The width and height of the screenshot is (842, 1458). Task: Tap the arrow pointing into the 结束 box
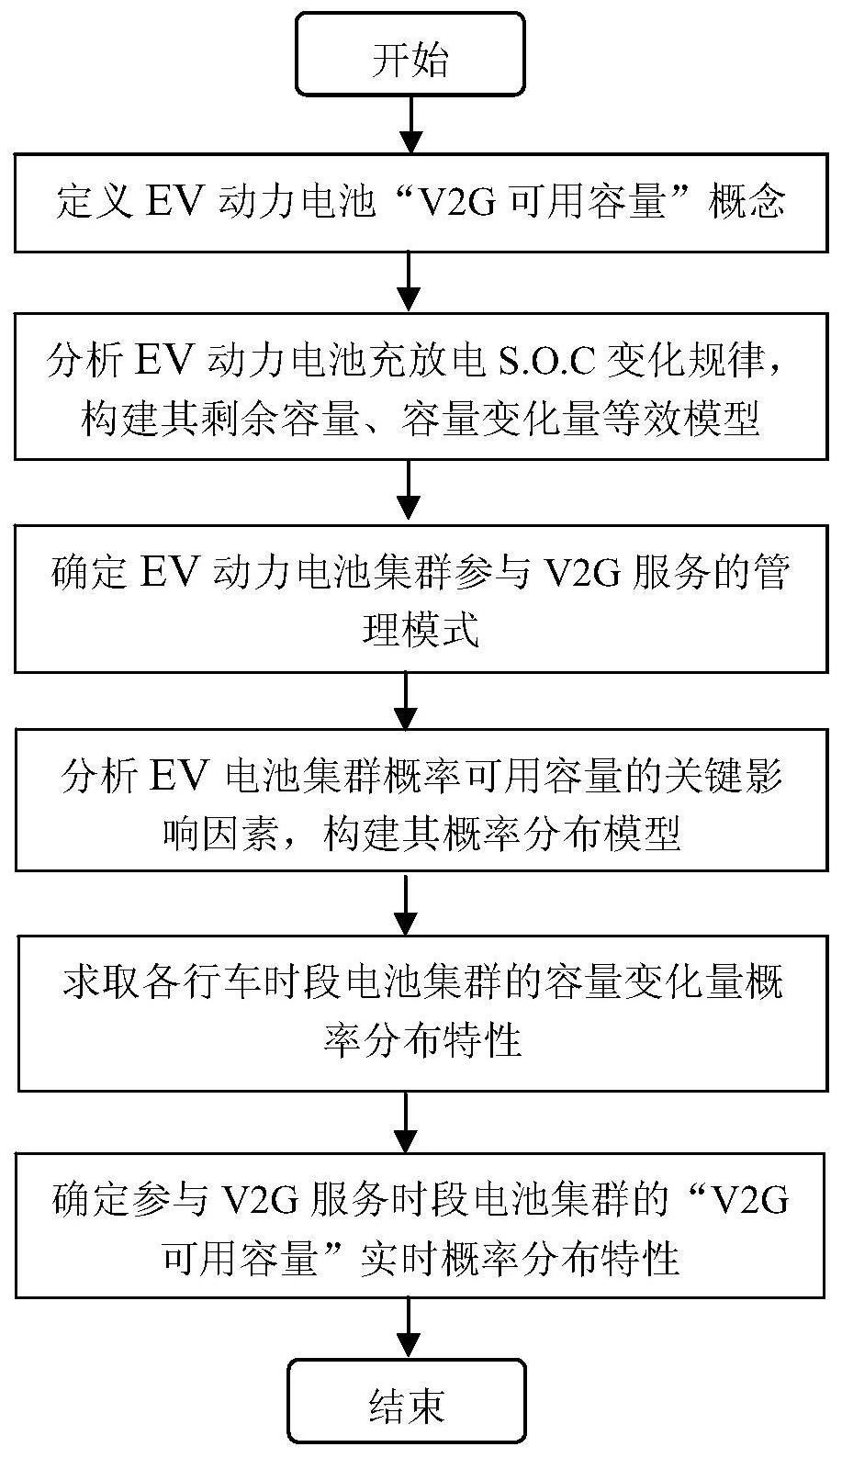[x=408, y=1329]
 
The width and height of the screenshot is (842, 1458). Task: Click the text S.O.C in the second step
[x=547, y=360]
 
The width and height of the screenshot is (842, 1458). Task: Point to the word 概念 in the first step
[x=747, y=201]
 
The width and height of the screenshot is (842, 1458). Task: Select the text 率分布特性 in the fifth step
[x=422, y=1039]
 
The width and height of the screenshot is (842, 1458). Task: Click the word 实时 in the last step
[x=399, y=1256]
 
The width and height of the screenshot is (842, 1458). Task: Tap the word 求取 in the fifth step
[x=102, y=981]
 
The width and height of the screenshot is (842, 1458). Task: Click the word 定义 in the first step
[x=95, y=201]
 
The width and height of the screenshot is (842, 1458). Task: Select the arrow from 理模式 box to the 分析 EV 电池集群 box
[x=406, y=701]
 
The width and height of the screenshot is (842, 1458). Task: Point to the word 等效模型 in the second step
[x=681, y=417]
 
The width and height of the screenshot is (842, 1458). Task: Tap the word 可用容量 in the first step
[x=587, y=201]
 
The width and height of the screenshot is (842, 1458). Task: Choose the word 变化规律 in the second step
[x=685, y=360]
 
